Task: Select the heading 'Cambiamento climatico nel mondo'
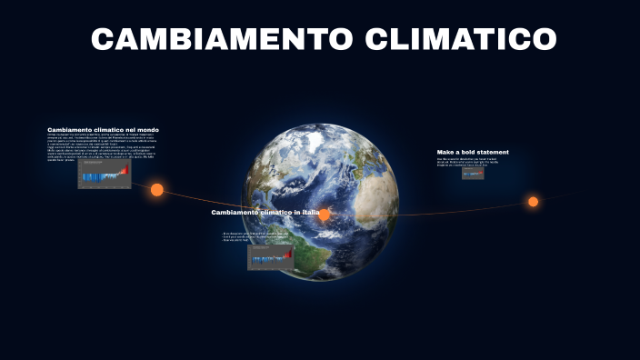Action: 103,130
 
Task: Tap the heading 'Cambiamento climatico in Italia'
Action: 265,213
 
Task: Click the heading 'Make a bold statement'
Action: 473,152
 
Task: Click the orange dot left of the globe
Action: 156,190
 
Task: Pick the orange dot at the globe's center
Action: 324,215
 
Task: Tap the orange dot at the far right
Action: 534,202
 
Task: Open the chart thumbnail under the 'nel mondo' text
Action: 104,174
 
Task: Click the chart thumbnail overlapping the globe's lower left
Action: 271,257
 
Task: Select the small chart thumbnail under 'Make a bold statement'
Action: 473,173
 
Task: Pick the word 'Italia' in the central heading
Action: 310,213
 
